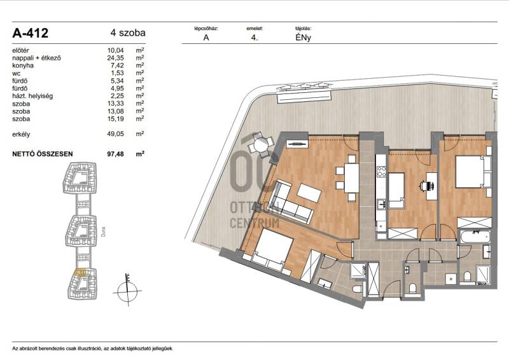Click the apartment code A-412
(30, 33)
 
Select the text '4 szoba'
(128, 33)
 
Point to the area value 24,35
(116, 58)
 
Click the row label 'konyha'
(23, 66)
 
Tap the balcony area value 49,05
(116, 134)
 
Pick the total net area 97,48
(116, 154)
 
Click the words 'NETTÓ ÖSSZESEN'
(43, 154)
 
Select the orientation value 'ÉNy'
(303, 38)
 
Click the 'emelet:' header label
(254, 29)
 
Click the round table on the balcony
(260, 145)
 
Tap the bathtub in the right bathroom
(474, 237)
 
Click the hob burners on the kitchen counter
(381, 171)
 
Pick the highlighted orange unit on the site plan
(80, 272)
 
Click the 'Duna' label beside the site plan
(103, 231)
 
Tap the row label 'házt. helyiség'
(32, 96)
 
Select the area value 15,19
(116, 119)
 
